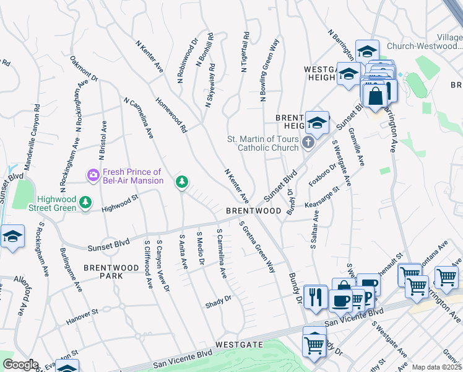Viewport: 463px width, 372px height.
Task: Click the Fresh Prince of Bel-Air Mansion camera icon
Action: [x=93, y=175]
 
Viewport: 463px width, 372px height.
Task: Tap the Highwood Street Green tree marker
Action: [x=85, y=203]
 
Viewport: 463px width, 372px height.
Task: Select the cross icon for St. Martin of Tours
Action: [x=308, y=144]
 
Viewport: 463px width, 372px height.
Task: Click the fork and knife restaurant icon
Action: [x=316, y=296]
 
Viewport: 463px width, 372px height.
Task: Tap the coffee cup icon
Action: [x=340, y=301]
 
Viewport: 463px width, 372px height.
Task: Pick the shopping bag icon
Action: [x=375, y=96]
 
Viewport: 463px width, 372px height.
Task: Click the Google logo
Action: [x=20, y=365]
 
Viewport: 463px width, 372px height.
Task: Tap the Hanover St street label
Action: [x=82, y=317]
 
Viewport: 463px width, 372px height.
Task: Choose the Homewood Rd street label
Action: [x=171, y=115]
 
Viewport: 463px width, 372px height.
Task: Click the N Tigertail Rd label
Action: [x=246, y=53]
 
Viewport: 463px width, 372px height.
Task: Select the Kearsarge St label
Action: [x=322, y=198]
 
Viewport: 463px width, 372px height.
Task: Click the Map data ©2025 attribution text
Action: [x=436, y=367]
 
